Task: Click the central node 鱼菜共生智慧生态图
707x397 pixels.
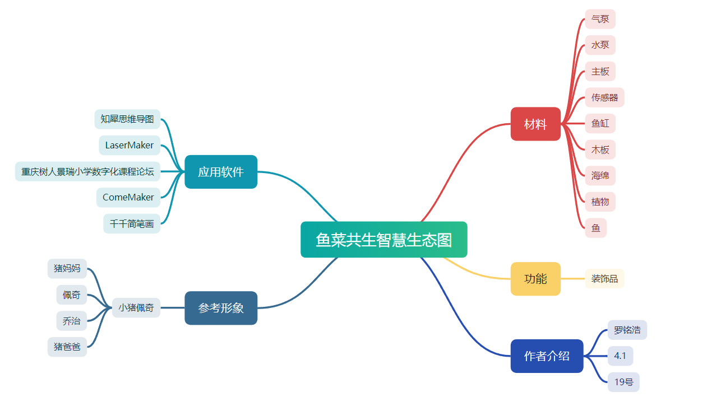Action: click(383, 240)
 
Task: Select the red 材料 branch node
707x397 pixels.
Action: click(535, 124)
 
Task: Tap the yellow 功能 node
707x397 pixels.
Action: click(535, 278)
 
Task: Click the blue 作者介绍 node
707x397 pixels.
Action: click(547, 356)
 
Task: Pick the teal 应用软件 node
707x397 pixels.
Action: click(221, 172)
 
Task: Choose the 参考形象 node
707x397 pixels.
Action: click(221, 308)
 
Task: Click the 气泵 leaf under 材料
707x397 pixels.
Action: click(600, 19)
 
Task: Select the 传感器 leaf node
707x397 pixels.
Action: click(604, 97)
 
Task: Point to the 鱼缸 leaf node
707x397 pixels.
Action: click(600, 123)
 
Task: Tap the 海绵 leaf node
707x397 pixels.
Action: click(600, 175)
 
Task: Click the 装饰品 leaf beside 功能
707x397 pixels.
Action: click(604, 278)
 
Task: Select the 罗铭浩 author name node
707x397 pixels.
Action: click(627, 330)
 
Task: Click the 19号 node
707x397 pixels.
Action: click(623, 382)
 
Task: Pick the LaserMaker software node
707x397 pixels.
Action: click(130, 145)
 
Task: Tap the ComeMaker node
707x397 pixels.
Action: click(128, 197)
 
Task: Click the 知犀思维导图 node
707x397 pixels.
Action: click(127, 119)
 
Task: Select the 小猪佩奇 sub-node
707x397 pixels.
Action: click(136, 307)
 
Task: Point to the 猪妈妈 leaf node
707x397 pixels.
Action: click(67, 268)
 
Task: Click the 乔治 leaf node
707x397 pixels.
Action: click(71, 321)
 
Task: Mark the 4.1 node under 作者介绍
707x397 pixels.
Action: click(620, 356)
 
